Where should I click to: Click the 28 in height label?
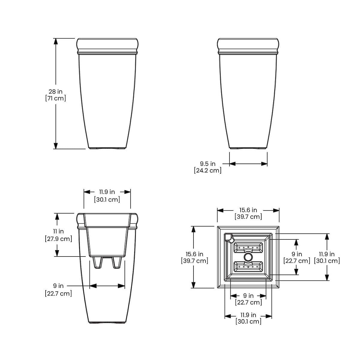pos(55,91)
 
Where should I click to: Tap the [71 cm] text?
pos(55,98)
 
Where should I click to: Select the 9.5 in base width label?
pos(208,164)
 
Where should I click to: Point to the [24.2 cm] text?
pos(208,170)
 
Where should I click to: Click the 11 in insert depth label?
pos(58,231)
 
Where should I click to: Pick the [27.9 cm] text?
pos(58,239)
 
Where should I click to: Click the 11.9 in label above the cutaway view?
pos(107,192)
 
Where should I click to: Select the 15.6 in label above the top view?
pos(248,210)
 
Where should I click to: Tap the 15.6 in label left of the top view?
pos(194,254)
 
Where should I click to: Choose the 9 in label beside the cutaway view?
pos(58,286)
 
